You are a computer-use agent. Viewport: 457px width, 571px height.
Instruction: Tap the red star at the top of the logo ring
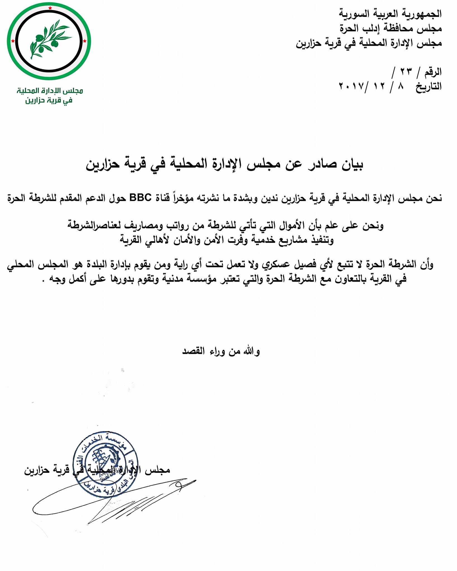(50, 8)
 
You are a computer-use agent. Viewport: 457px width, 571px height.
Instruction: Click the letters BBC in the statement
(141, 198)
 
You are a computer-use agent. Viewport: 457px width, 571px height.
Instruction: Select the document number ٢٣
(406, 72)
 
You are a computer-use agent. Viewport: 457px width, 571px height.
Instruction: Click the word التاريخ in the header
(429, 86)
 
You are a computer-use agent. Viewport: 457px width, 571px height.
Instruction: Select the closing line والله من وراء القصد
(221, 351)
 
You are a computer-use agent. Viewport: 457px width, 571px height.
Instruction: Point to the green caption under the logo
(49, 95)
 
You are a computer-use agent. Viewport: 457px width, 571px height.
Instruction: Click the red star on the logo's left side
(13, 41)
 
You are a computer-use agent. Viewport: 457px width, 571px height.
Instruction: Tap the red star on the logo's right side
(85, 41)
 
